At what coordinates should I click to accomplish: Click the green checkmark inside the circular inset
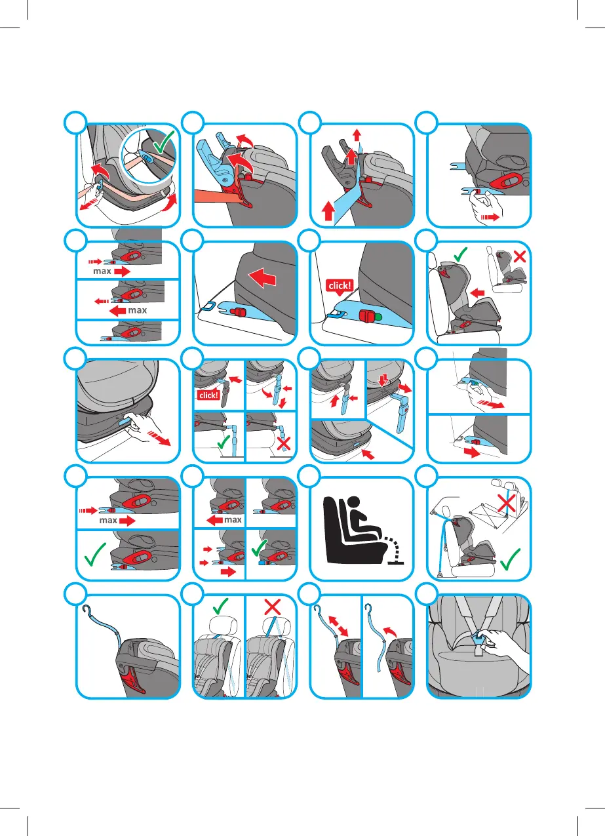point(164,142)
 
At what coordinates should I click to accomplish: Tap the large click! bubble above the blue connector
point(340,287)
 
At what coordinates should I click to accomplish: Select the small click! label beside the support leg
point(208,395)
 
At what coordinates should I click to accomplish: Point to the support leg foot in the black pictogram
point(397,562)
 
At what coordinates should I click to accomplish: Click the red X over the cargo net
point(506,504)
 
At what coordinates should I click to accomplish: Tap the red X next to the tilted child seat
point(520,256)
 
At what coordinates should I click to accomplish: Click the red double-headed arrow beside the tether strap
point(338,626)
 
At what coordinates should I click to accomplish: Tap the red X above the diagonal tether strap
point(272,607)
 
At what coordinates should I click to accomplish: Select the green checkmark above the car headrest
point(220,607)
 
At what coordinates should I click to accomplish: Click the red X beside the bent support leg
point(284,444)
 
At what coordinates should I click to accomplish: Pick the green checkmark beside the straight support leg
point(223,443)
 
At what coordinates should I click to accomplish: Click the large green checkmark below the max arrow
point(95,554)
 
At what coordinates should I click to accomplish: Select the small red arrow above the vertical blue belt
point(357,134)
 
